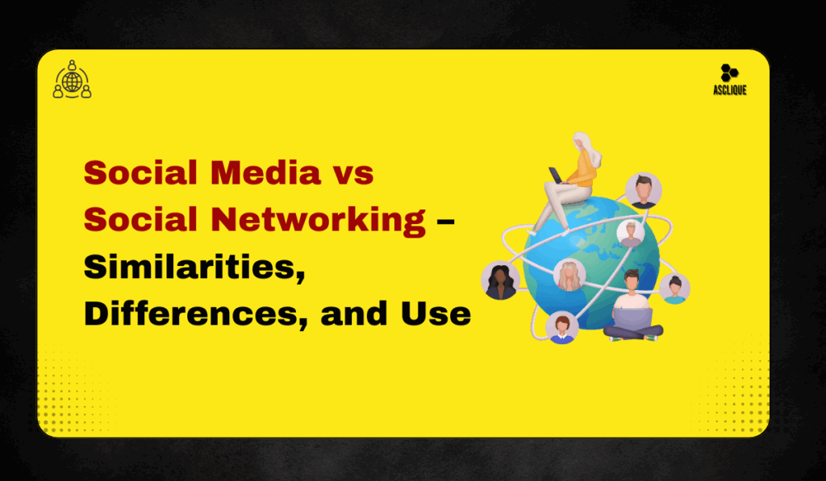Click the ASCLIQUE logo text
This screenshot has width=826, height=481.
click(729, 90)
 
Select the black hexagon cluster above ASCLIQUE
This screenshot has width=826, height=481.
click(729, 73)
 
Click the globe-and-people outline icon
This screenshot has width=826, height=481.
click(72, 80)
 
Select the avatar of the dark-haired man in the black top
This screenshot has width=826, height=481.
click(643, 191)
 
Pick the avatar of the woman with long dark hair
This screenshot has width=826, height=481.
click(499, 280)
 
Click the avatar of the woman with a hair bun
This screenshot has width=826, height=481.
click(674, 288)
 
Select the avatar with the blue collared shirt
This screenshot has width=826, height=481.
click(561, 327)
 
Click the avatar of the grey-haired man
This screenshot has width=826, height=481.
click(630, 234)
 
